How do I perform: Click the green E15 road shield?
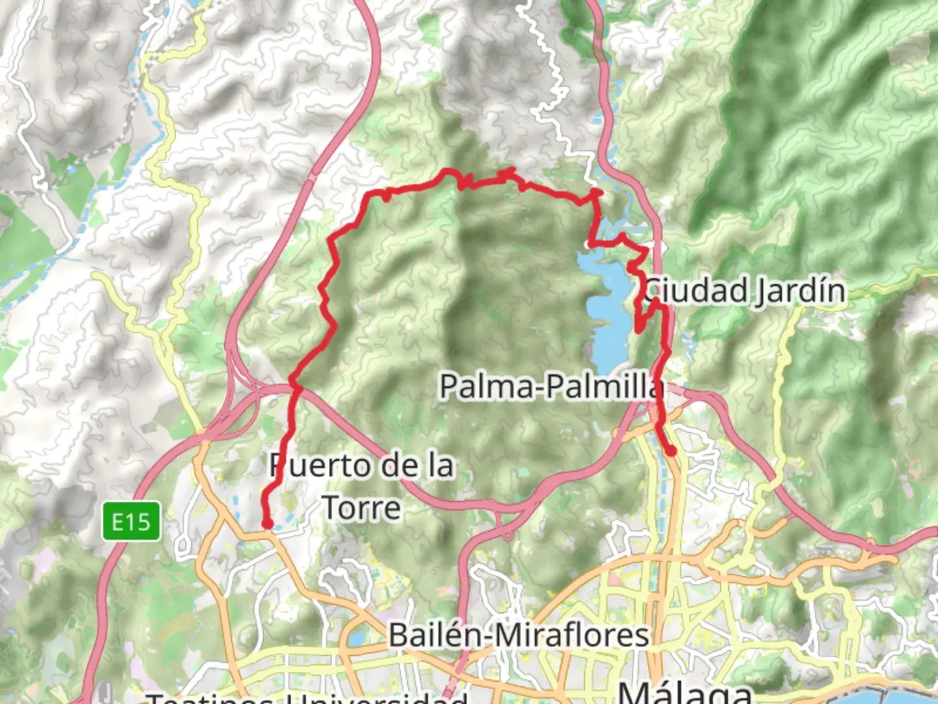tap(131, 521)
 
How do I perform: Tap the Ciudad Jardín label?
tap(745, 291)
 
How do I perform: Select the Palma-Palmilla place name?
tap(551, 386)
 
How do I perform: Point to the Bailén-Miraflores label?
tap(519, 635)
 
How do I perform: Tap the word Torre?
tap(362, 508)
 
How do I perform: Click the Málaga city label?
tap(684, 691)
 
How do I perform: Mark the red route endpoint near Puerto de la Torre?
tap(267, 523)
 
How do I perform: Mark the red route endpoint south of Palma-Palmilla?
tap(670, 450)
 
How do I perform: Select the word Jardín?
tap(801, 291)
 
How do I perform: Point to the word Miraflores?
tap(573, 635)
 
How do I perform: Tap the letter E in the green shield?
tap(118, 521)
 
